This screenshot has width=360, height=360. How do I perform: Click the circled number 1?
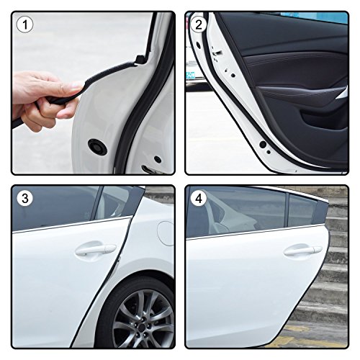coord(25,24)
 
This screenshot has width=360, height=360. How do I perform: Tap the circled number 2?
coord(199,24)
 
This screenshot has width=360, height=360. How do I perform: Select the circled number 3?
coord(25,199)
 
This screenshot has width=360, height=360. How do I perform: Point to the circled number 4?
coord(199,199)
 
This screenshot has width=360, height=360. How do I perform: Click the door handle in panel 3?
coord(96,250)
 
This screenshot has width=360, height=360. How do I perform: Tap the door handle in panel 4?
coord(303,251)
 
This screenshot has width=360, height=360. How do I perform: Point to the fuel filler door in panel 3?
coord(166,233)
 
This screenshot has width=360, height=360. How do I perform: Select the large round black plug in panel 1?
coord(97,146)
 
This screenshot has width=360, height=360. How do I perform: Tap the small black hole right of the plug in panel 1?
coord(158,159)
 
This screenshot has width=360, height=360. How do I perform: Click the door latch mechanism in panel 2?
coord(217,52)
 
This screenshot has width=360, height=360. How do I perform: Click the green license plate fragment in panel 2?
coord(190,76)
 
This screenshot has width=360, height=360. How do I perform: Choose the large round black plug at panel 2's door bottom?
coord(263,144)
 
